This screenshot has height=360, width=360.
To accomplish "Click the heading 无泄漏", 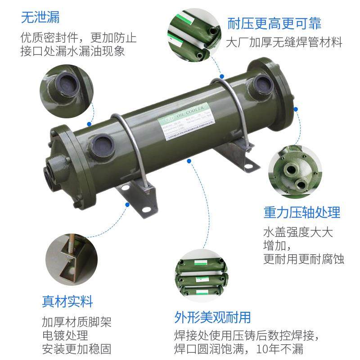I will tap(40, 18).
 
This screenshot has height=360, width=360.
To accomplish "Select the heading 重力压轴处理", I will tap(301, 212).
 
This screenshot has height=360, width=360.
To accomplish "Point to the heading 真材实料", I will tap(67, 301).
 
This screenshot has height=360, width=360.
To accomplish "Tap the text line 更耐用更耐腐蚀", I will tap(304, 259).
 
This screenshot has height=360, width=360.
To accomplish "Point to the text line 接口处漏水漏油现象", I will tap(72, 51).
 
